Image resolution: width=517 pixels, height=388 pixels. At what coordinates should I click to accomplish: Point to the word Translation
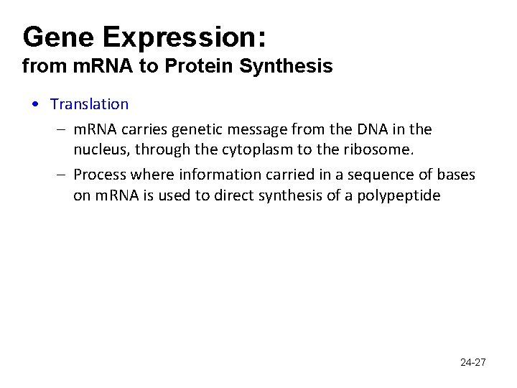(x=89, y=104)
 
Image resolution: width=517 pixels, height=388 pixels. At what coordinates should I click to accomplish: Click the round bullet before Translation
(x=35, y=105)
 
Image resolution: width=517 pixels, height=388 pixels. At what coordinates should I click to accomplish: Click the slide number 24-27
(x=472, y=362)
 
